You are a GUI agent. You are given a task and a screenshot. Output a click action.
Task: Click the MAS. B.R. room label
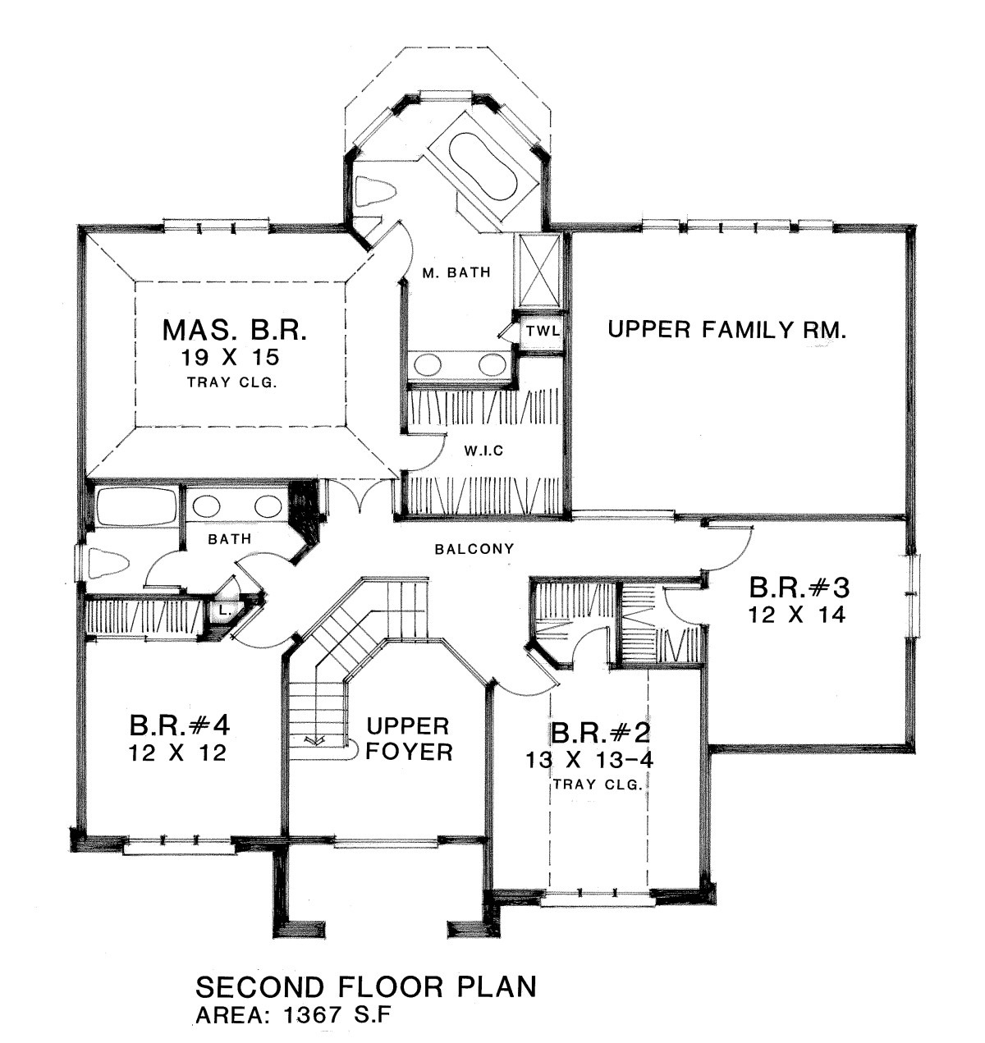(x=234, y=331)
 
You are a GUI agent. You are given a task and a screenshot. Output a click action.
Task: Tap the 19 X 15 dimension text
(x=230, y=358)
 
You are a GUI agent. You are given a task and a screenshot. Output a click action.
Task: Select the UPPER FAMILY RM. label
(x=727, y=329)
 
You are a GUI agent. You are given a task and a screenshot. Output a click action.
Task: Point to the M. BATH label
(x=456, y=272)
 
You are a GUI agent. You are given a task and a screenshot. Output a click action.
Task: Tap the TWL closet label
(x=543, y=332)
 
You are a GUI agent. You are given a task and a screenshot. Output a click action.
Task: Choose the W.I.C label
(x=483, y=450)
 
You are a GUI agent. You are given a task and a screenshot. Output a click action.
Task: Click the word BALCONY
(x=474, y=549)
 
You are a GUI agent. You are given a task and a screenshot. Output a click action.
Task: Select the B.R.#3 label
(x=799, y=588)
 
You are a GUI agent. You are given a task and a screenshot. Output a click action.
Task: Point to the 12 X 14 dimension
(x=796, y=615)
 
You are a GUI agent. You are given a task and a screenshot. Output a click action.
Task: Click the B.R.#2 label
(x=601, y=733)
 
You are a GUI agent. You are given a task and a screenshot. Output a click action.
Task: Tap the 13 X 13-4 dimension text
(x=589, y=759)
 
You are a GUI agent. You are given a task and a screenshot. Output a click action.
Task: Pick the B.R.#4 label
(x=179, y=726)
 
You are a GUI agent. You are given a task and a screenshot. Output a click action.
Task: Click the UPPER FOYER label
(x=409, y=739)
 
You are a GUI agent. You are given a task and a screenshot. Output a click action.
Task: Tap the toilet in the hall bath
(x=108, y=563)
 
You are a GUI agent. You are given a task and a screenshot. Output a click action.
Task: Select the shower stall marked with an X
(x=539, y=271)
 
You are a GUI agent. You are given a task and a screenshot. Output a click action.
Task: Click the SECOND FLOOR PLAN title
(x=366, y=986)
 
